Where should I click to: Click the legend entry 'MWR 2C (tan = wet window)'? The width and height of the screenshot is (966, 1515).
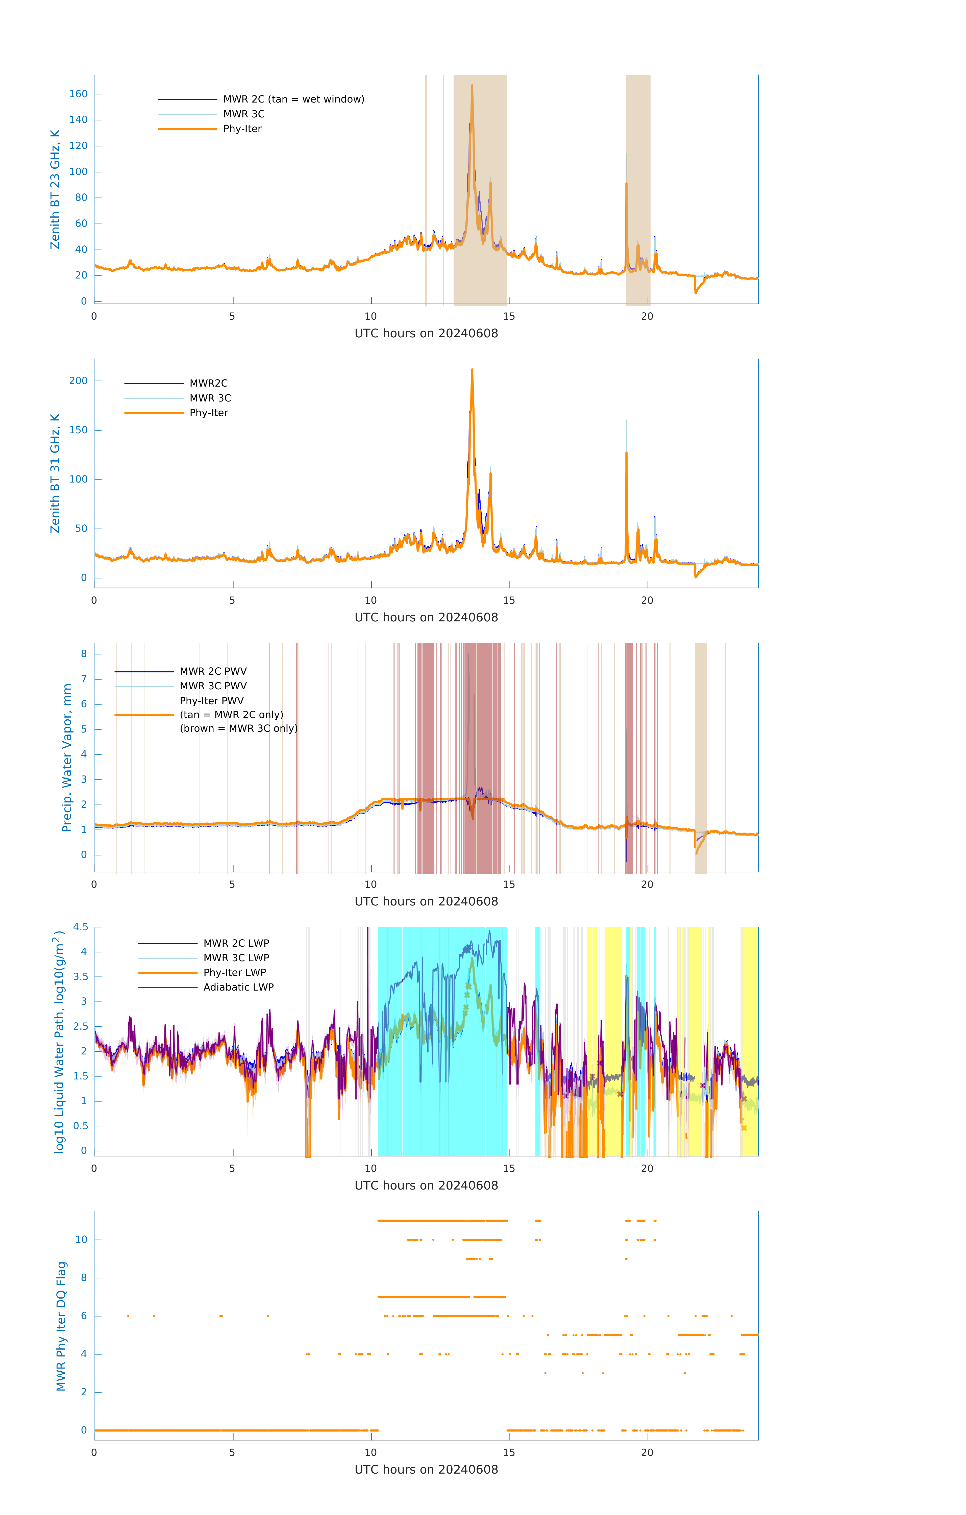click(293, 99)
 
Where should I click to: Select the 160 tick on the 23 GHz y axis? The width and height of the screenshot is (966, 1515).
click(78, 94)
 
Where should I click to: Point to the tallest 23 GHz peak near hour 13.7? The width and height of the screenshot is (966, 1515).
click(472, 86)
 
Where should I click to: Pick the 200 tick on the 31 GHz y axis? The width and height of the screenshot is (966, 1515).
click(78, 381)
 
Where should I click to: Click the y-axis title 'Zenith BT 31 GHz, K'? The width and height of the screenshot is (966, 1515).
click(55, 473)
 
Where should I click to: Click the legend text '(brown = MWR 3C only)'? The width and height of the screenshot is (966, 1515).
click(238, 728)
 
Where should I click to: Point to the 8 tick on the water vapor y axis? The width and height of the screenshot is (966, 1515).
click(84, 654)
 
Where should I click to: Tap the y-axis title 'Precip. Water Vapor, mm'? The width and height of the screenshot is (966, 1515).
click(67, 758)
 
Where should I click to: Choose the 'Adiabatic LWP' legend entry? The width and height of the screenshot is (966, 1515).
click(238, 987)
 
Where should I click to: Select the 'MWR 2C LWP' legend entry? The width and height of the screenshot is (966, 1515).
click(236, 943)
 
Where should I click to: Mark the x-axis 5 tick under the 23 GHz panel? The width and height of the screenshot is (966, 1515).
click(232, 316)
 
